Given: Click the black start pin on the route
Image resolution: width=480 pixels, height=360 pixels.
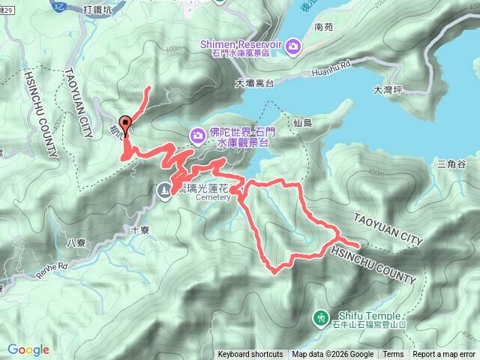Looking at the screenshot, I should (124, 125).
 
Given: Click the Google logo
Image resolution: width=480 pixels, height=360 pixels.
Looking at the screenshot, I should (28, 349).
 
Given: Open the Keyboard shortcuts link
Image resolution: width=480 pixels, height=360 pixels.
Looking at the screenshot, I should (250, 355).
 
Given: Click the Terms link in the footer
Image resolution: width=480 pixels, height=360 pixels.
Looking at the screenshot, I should (393, 355).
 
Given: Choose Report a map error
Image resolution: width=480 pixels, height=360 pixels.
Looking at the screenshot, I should (444, 355).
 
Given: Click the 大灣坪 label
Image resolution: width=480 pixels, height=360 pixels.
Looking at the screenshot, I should (388, 91).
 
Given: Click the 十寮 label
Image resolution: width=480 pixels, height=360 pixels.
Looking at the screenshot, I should (140, 231).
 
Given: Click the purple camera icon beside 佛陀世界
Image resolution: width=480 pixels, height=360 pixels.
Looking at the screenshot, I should (197, 135).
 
